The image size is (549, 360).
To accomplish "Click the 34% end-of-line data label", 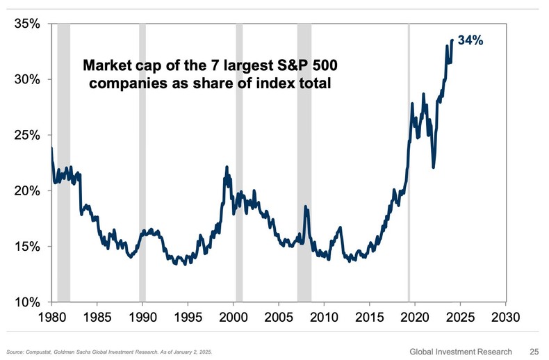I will pyautogui.click(x=470, y=41).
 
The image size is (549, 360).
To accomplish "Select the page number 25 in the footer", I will pyautogui.click(x=535, y=351).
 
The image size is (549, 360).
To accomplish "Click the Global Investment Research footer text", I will pyautogui.click(x=460, y=351).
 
